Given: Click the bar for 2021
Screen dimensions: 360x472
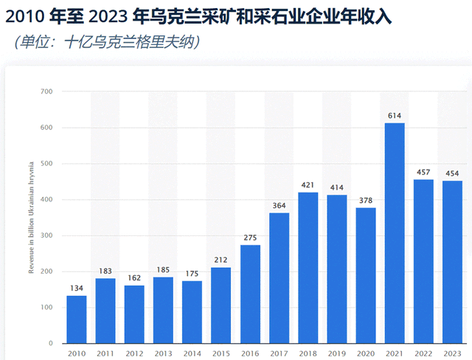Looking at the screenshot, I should pyautogui.click(x=395, y=232).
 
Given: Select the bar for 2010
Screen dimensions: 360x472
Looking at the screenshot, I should pyautogui.click(x=76, y=319).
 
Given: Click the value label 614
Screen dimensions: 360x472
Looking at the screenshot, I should pyautogui.click(x=395, y=116).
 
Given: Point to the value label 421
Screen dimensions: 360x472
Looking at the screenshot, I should pyautogui.click(x=308, y=185).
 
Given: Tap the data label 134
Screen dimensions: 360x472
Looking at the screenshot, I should pyautogui.click(x=76, y=288).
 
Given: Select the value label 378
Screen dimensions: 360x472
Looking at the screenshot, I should pyautogui.click(x=366, y=201).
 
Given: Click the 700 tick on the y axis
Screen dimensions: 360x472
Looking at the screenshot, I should pyautogui.click(x=47, y=92).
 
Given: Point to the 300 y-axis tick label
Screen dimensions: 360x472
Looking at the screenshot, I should pyautogui.click(x=47, y=236).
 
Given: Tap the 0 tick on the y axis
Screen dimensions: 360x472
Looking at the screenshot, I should pyautogui.click(x=51, y=344).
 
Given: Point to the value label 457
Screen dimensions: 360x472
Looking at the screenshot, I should pyautogui.click(x=423, y=173).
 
